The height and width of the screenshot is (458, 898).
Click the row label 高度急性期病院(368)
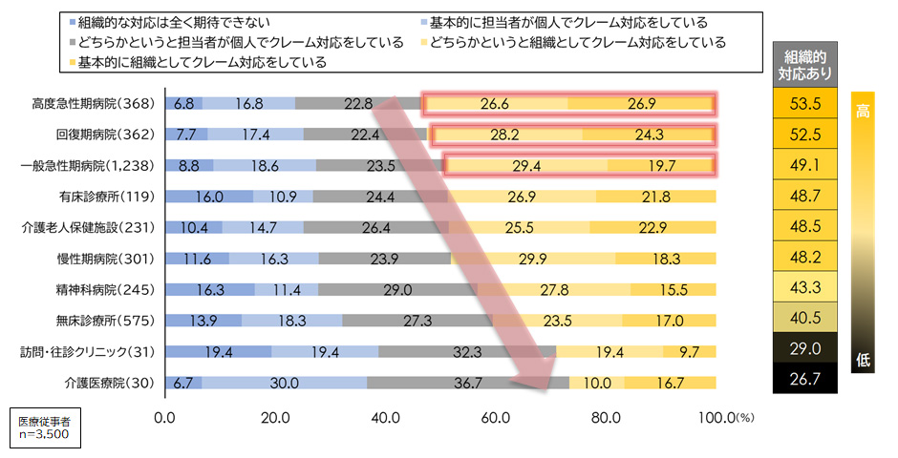point(98,104)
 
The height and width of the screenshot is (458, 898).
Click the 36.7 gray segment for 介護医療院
point(468,384)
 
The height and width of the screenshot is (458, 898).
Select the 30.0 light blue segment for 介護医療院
point(285,384)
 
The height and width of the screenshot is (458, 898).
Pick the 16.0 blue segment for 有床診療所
point(209,198)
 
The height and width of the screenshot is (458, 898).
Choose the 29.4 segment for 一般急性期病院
point(526,166)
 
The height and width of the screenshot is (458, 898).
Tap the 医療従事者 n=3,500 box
point(42,427)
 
